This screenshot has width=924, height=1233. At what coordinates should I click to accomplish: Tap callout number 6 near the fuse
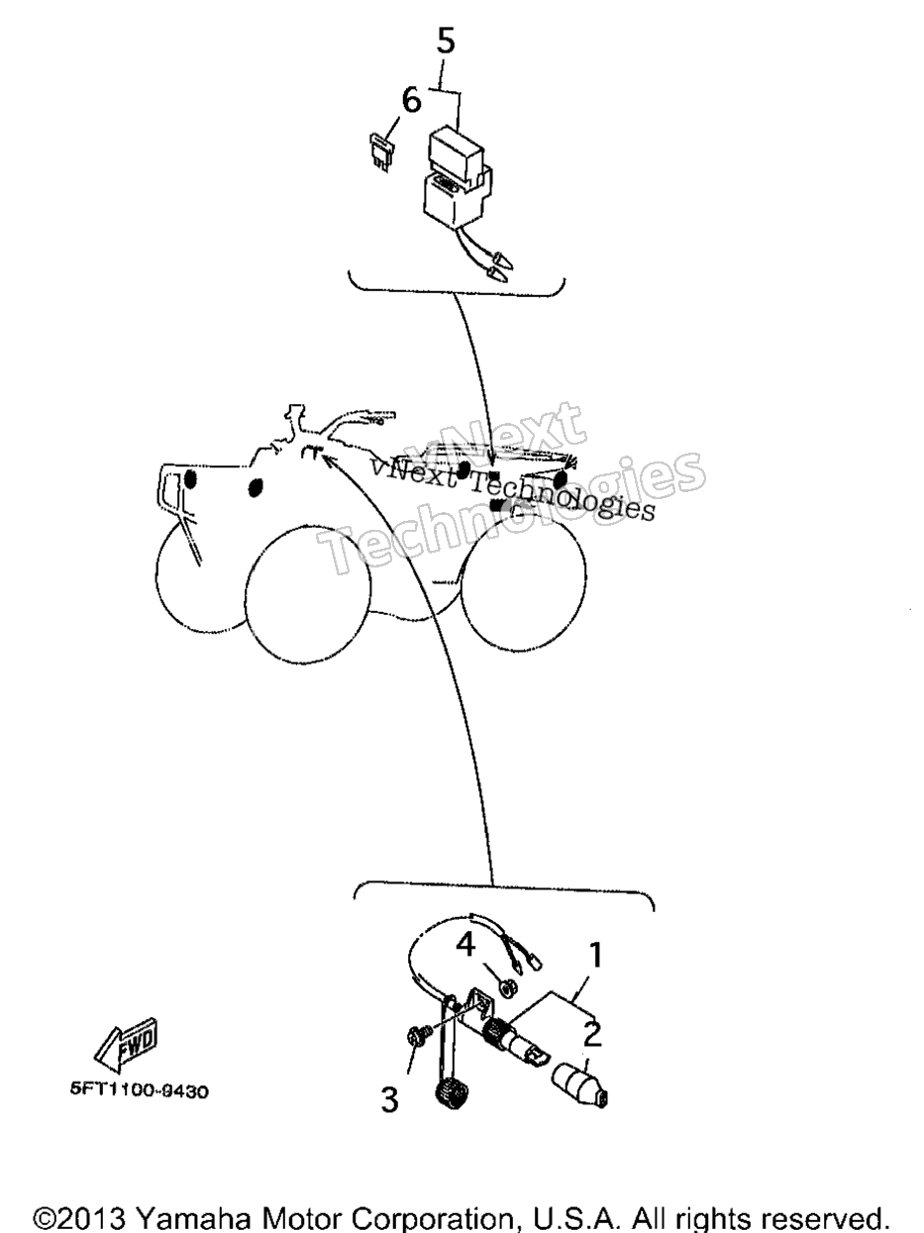412,102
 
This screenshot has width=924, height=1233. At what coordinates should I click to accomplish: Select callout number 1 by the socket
595,955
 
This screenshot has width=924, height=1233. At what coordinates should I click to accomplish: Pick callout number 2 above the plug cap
591,1034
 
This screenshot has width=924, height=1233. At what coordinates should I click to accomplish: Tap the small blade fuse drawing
382,152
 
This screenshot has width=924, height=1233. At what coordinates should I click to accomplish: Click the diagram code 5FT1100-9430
140,1091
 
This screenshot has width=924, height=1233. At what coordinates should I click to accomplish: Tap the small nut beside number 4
508,988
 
